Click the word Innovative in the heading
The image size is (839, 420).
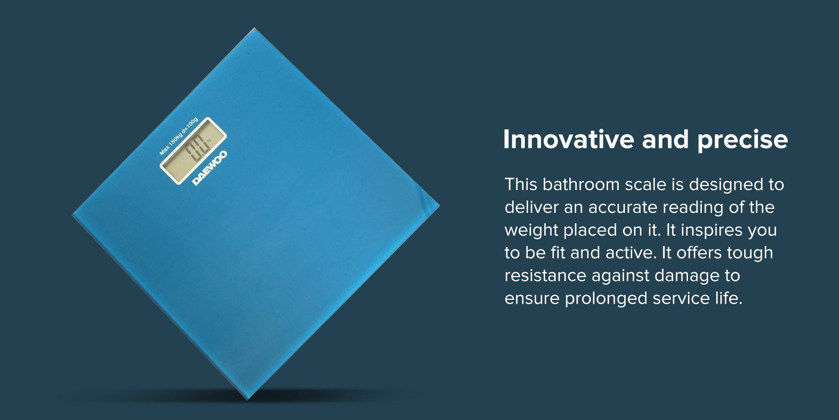568,139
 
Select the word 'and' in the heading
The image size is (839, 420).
666,139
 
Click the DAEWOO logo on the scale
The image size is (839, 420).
210,168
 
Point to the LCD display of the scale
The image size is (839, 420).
193,151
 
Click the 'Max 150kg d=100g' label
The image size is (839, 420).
178,136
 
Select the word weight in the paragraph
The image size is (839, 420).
531,231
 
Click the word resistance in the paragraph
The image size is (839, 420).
545,276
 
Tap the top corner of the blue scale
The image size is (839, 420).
254,28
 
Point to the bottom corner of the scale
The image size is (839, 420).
247,399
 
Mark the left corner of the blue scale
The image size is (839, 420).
73,215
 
